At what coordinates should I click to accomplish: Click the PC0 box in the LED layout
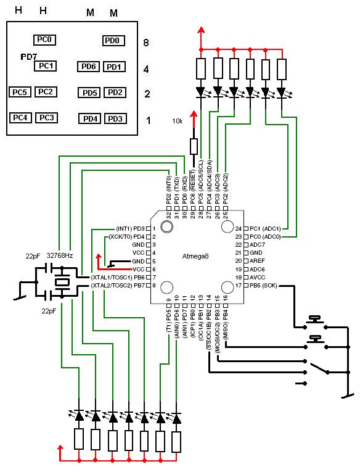point(44,39)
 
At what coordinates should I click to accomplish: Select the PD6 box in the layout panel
point(88,67)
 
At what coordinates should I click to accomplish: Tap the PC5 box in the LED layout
point(20,92)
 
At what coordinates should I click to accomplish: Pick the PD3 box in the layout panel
point(115,119)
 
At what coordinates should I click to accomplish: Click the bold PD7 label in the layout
point(29,57)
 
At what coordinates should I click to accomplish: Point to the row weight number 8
point(146,43)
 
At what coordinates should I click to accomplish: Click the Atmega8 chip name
point(195,256)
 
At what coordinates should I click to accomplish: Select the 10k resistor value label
point(178,121)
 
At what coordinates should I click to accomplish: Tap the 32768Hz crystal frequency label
point(60,255)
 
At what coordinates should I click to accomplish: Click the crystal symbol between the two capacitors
point(62,283)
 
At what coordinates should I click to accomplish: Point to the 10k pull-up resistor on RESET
point(194,147)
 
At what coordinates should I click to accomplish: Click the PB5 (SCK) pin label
point(263,286)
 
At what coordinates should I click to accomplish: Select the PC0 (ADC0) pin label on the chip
point(265,237)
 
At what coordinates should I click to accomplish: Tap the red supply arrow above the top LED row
point(201,38)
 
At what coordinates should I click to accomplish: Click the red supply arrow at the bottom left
point(61,453)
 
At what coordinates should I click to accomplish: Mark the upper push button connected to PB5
point(315,322)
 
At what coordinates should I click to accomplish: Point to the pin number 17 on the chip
point(239,286)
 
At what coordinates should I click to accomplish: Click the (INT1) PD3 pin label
point(130,229)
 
